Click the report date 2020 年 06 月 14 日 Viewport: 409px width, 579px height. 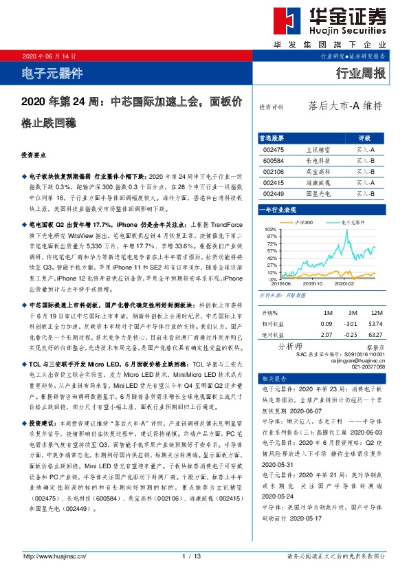(x=49, y=56)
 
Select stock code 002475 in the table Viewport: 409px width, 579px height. (x=274, y=149)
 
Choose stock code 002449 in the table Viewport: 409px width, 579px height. (x=274, y=195)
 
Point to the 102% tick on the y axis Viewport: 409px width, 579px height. (x=269, y=229)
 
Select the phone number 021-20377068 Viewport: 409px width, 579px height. (x=370, y=366)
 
